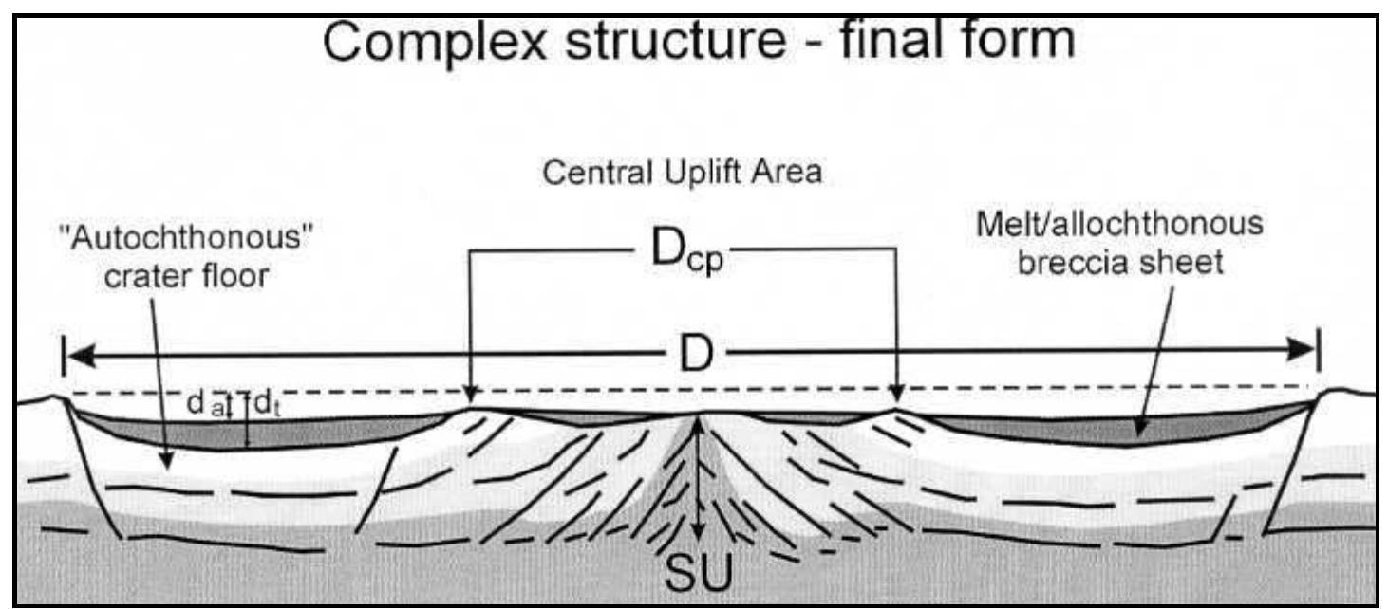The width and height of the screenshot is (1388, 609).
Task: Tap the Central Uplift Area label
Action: point(682,175)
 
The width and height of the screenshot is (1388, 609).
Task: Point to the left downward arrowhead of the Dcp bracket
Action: point(470,393)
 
